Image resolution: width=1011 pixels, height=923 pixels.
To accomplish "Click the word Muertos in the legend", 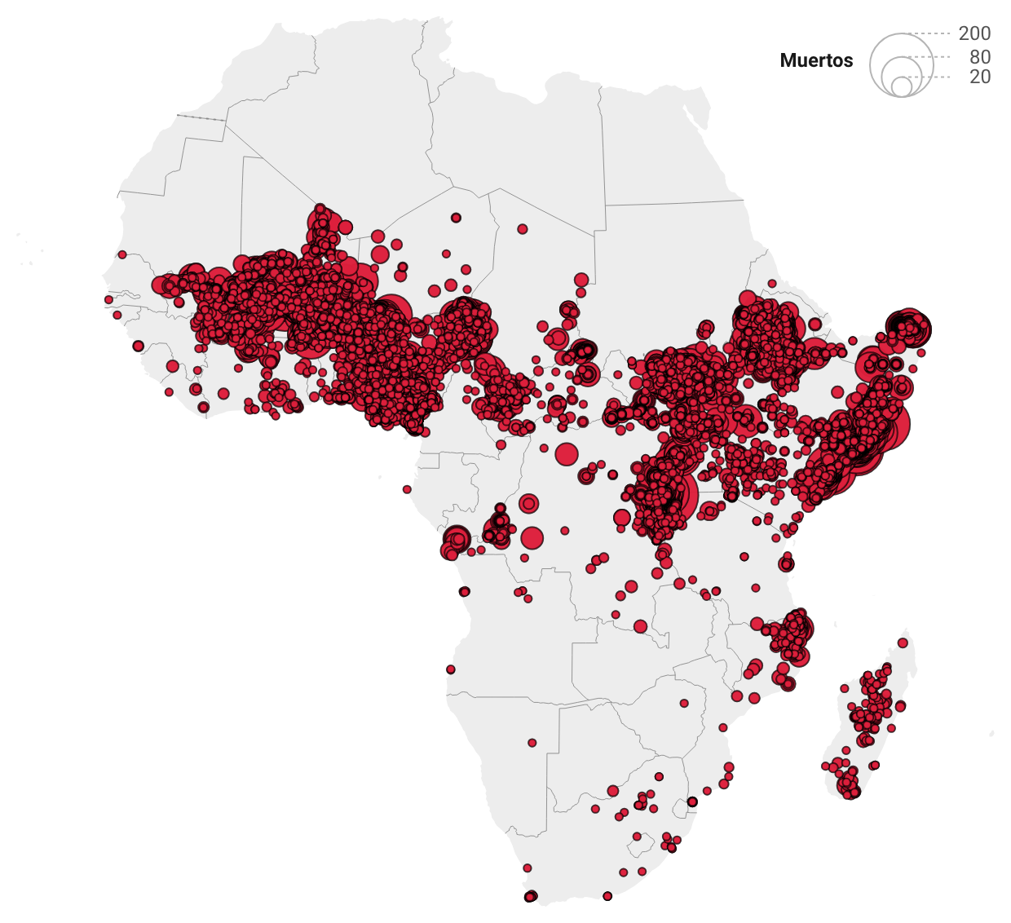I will point(816,60).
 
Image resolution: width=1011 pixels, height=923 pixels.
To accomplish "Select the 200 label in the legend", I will point(974,33).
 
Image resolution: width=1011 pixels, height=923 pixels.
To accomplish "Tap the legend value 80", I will point(980,57).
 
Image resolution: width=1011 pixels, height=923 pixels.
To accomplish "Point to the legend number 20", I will point(980,77).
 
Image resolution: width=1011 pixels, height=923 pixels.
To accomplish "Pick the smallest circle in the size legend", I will point(901,86).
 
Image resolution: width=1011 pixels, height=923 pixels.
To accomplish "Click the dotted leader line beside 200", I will point(929,33).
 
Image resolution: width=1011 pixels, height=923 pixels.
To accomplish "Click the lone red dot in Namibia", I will point(532,743).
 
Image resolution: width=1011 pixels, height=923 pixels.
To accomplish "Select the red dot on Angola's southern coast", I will point(451,669).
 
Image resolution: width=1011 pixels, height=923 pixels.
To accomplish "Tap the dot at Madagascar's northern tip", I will point(903,643).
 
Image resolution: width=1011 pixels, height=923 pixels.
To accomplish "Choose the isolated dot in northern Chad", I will point(523,229).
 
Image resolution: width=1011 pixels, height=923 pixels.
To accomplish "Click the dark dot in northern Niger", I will point(456,218).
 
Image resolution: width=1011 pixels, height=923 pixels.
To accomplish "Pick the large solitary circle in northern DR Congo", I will point(567,454).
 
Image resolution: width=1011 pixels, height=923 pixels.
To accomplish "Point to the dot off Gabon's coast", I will point(407,489).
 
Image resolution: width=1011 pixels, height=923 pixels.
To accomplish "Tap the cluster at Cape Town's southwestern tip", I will point(531,896).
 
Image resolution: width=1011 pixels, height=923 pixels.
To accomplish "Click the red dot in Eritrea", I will point(771,284).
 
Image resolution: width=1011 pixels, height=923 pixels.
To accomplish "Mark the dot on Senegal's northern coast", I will point(122,254).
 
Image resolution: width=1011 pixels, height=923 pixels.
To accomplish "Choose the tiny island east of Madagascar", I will point(992,734).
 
